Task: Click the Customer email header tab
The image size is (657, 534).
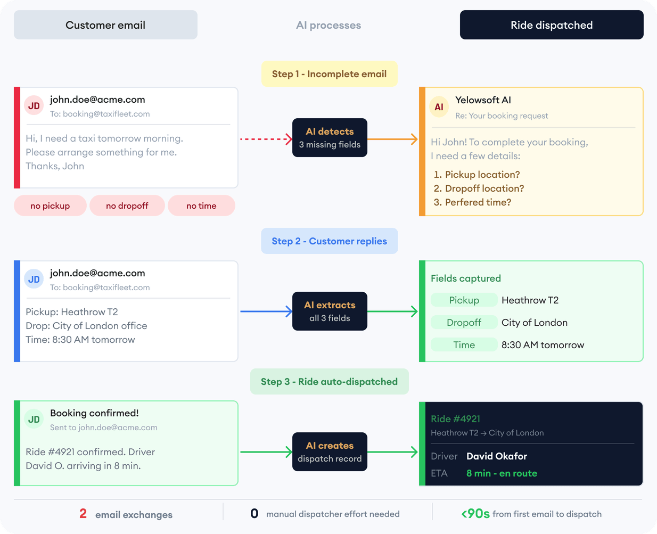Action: click(105, 25)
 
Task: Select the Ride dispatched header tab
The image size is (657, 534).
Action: click(552, 25)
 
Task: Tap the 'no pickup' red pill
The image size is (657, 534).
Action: click(50, 206)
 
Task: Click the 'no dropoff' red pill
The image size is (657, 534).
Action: click(127, 206)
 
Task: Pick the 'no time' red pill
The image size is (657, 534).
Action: click(201, 206)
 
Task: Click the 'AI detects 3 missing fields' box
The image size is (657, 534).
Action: click(330, 137)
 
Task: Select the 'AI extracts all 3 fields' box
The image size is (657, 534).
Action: click(330, 311)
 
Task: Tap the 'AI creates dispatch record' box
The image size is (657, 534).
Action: click(330, 451)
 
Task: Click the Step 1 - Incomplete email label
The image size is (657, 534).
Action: click(329, 74)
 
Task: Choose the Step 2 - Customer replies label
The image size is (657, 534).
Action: click(329, 241)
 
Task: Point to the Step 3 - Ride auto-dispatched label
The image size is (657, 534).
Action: click(329, 382)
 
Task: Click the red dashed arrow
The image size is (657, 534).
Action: click(265, 139)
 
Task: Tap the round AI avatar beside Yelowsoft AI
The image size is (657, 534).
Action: click(439, 107)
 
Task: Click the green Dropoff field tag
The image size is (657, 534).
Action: click(464, 323)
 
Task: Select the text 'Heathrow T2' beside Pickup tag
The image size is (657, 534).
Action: click(530, 300)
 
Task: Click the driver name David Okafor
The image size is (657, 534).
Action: click(496, 456)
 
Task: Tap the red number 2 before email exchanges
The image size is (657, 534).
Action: click(83, 514)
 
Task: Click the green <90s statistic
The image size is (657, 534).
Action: click(475, 514)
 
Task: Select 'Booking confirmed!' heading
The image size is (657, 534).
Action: click(94, 413)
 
